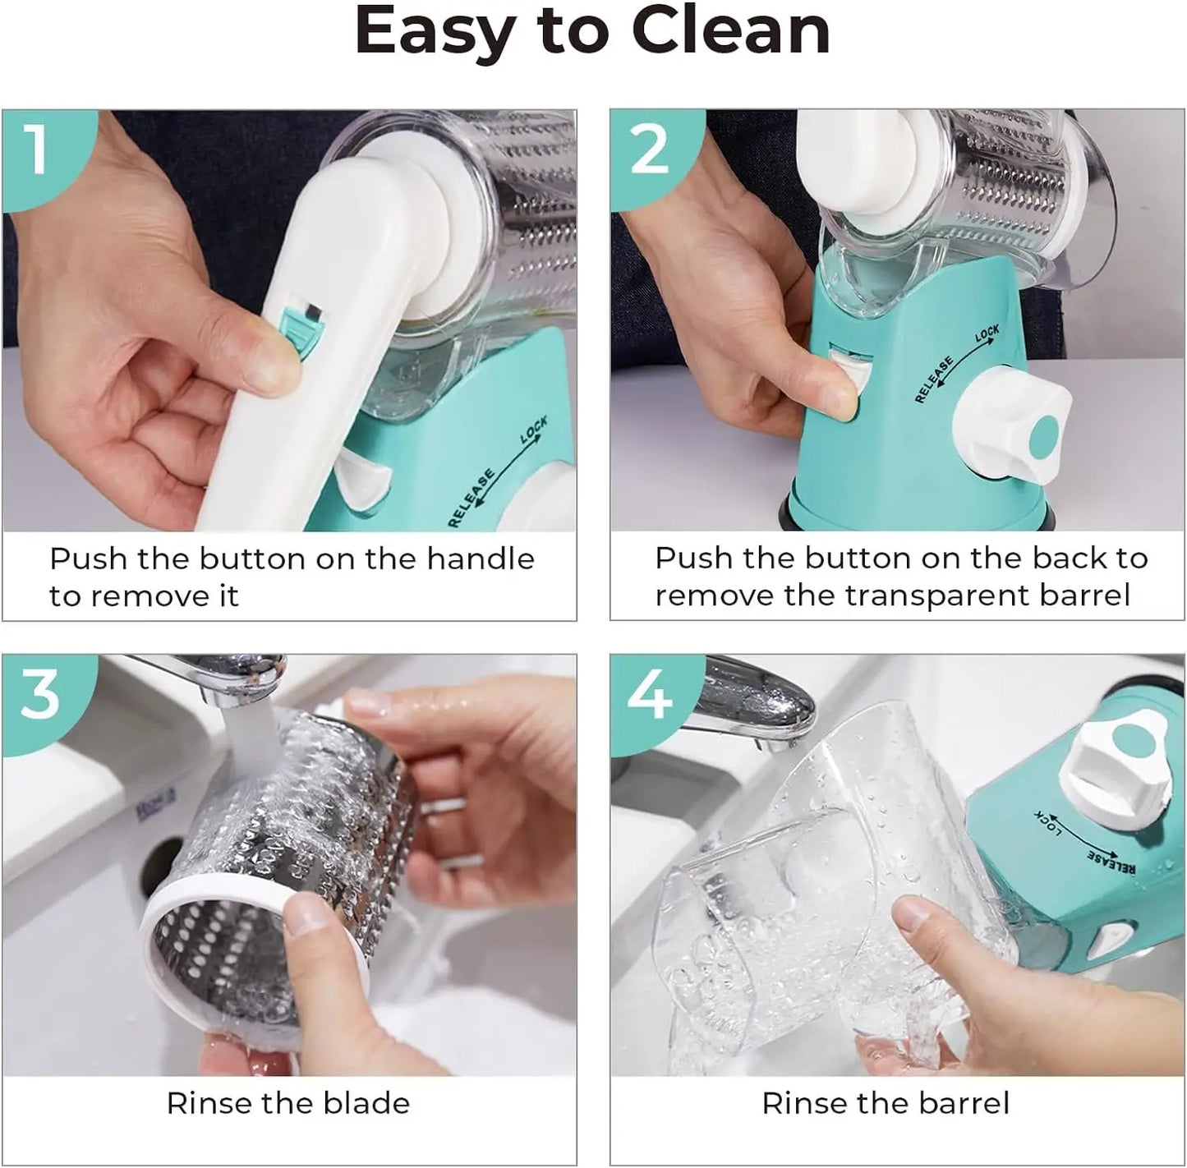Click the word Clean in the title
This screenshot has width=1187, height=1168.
[731, 31]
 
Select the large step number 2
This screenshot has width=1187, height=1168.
[651, 149]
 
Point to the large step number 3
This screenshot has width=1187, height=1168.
[40, 695]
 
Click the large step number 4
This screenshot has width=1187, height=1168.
[650, 695]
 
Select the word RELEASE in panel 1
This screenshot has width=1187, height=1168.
[472, 498]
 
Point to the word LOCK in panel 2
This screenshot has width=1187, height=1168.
[987, 333]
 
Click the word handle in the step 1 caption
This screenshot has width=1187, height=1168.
[481, 559]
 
